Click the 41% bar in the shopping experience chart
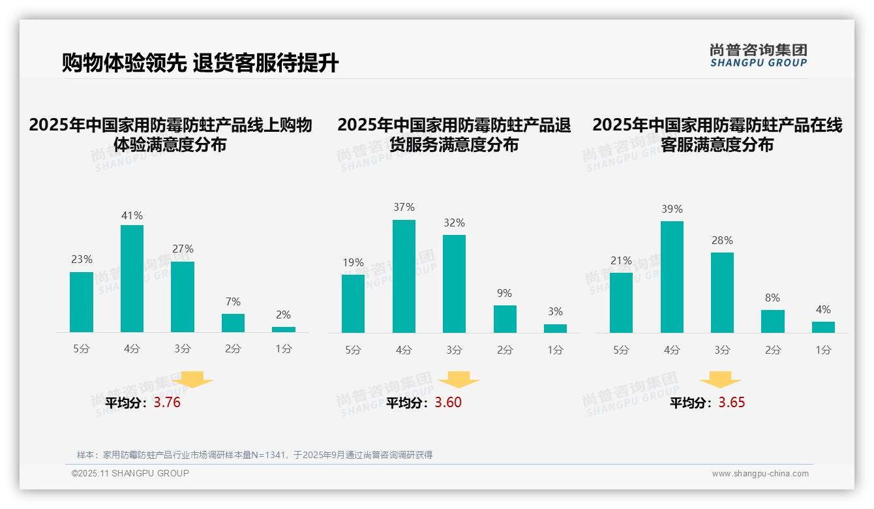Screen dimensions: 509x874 [x=132, y=279]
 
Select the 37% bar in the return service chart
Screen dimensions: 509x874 [x=404, y=276]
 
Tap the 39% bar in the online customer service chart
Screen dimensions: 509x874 [x=672, y=277]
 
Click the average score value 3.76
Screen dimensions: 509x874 [x=167, y=403]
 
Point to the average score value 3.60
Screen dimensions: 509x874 [x=448, y=403]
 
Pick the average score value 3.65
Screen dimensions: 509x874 [x=732, y=403]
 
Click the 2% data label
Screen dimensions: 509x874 [x=283, y=315]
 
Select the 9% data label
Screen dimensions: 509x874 [x=504, y=294]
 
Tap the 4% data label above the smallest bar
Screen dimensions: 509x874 [x=823, y=310]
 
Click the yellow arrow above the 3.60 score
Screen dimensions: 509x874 [x=459, y=380]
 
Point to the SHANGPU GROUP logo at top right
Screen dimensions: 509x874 [x=758, y=55]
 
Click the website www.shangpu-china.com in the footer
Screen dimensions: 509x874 [x=760, y=474]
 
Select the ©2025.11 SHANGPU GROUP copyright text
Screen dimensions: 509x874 [x=130, y=473]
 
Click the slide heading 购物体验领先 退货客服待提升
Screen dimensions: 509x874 [x=200, y=63]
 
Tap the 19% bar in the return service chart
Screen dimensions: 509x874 [x=353, y=303]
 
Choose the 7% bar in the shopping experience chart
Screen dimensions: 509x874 [x=233, y=323]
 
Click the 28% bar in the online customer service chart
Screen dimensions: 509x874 [x=722, y=292]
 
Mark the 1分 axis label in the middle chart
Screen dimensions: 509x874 [x=555, y=350]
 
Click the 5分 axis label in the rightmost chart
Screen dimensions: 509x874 [x=621, y=350]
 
